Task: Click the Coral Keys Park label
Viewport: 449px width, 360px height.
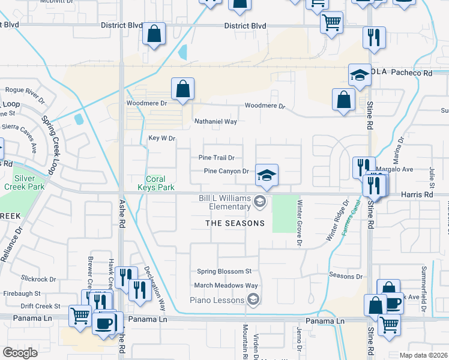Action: click(x=160, y=183)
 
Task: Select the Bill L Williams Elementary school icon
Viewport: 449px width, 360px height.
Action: click(x=259, y=200)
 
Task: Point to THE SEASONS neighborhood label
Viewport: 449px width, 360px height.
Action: click(x=235, y=223)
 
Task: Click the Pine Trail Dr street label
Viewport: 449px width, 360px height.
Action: click(x=216, y=158)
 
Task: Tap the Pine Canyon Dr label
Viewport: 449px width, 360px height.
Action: click(x=226, y=171)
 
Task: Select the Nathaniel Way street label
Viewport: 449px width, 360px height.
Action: click(x=215, y=121)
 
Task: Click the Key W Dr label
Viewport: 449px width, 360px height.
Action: click(x=161, y=139)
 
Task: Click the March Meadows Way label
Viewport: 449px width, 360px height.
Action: click(x=226, y=286)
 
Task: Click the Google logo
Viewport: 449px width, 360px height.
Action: click(x=20, y=353)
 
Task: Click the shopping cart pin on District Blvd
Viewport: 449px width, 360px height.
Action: click(x=331, y=23)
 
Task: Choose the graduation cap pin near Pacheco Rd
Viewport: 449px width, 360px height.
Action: click(x=360, y=76)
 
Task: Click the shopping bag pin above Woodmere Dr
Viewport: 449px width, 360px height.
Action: click(x=182, y=89)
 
